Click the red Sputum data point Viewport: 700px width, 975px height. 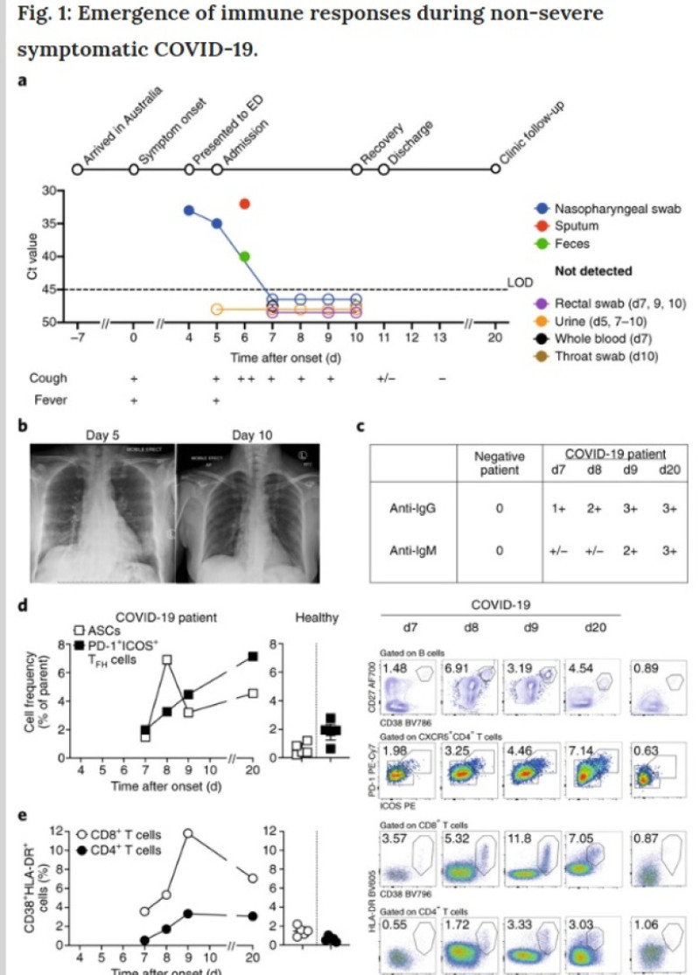pos(244,204)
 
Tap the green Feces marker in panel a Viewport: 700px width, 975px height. pos(244,256)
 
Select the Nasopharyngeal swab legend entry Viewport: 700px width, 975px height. pos(612,209)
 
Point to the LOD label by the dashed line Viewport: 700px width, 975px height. pos(518,283)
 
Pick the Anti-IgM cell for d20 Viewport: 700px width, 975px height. pos(670,552)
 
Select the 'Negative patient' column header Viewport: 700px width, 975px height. pos(497,463)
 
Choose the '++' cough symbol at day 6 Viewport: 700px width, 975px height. pos(245,379)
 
